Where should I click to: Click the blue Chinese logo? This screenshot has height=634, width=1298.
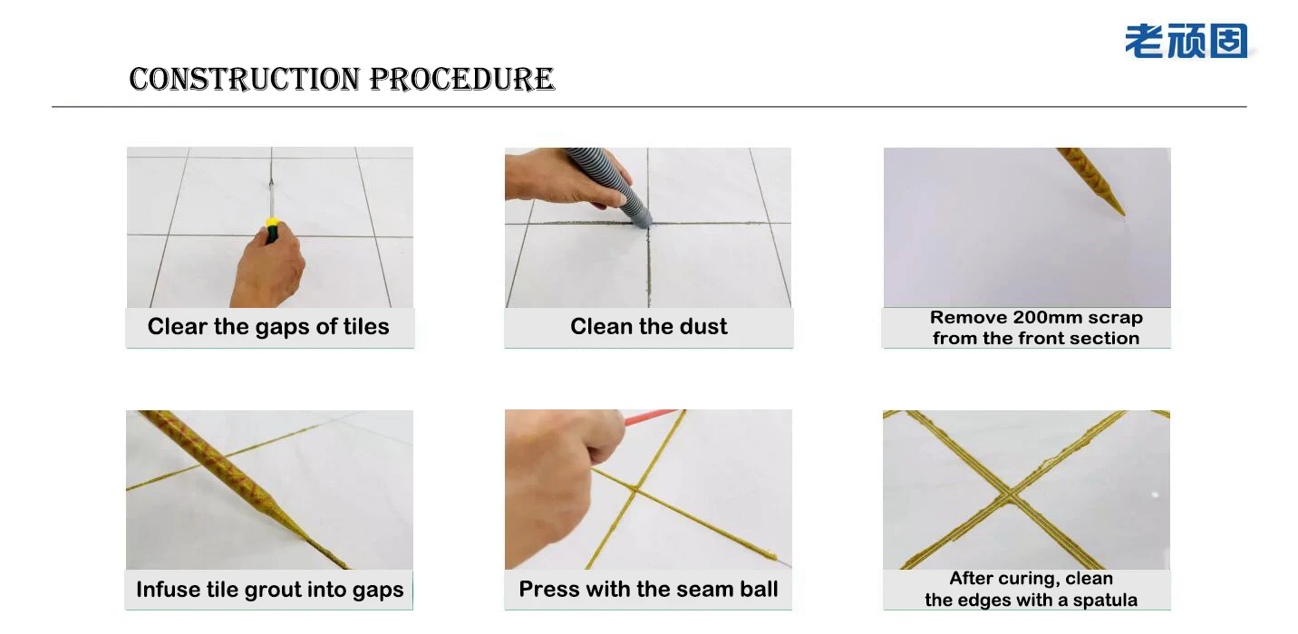(1187, 41)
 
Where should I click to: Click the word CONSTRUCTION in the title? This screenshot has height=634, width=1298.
(245, 80)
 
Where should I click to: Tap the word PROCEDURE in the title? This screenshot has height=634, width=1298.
(462, 80)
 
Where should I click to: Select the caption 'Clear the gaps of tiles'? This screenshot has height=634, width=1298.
(268, 327)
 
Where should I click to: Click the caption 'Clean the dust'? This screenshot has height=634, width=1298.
(648, 327)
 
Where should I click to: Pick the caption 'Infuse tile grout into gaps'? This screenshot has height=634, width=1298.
(269, 590)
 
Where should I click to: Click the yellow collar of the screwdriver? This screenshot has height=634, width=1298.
(271, 222)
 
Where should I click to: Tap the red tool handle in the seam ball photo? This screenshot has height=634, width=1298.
(650, 417)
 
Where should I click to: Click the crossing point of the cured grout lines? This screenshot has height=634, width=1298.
(1011, 495)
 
